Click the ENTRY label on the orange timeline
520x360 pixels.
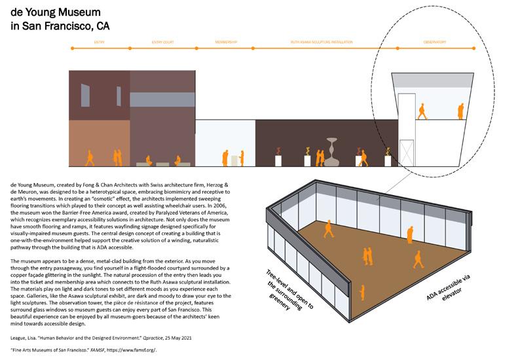tap(100, 42)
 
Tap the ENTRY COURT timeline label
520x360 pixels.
tap(162, 42)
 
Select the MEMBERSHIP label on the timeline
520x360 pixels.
tap(225, 42)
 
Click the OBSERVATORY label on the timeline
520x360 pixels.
tap(434, 42)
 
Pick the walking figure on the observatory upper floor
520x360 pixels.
tap(422, 111)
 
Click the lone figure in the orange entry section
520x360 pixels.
tap(90, 157)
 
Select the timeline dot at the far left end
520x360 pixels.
tap(70, 49)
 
